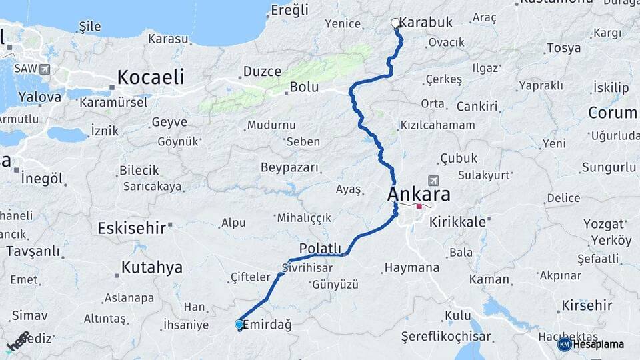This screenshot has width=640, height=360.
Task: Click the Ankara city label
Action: coord(419,195)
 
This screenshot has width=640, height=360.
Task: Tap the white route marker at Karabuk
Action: coord(395,23)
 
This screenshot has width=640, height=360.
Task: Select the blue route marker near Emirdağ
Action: coord(239,325)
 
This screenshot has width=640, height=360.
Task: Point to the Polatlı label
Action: coord(321,248)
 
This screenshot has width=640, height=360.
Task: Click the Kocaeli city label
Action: coord(151,77)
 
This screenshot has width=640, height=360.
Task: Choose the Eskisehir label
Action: coord(131,228)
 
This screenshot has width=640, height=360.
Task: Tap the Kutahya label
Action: coord(151,268)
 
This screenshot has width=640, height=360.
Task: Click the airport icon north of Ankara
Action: coord(434,181)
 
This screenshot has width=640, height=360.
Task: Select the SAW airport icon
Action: coord(45,69)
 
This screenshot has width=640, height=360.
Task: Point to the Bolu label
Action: coord(303,87)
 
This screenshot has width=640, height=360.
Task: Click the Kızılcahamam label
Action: coord(437,125)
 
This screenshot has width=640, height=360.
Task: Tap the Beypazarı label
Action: coord(289,167)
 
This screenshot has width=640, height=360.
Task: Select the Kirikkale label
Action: coord(457,222)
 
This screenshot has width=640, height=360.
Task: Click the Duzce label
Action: coord(262,71)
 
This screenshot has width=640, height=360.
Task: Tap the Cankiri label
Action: coord(477,107)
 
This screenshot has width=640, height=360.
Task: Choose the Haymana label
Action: coord(411,268)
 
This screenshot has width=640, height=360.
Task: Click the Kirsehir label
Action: coord(587,305)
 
